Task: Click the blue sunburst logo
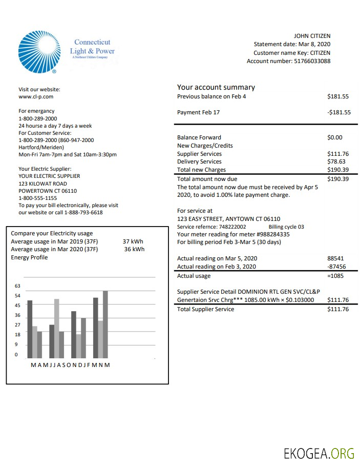coord(39,52)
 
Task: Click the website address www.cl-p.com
coord(36,96)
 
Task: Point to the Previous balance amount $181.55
coord(337,96)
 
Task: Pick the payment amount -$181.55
coord(338,112)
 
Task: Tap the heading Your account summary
coord(216,87)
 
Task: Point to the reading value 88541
coord(336,259)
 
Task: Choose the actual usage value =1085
coord(336,276)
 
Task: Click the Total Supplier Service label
coord(205,309)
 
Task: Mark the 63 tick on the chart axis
coord(17,286)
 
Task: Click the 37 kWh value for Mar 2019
coord(133,241)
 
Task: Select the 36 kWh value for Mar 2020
coord(134,250)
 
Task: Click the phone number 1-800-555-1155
coord(38,198)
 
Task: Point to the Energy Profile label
coord(29,257)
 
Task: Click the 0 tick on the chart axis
coord(16,354)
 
